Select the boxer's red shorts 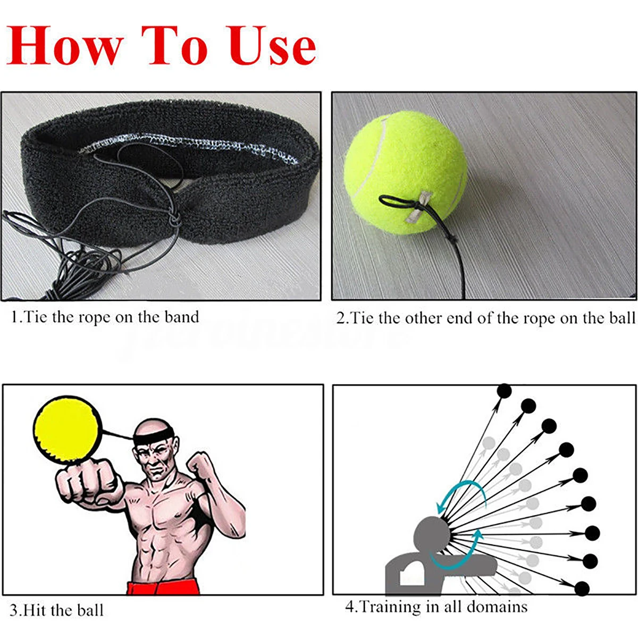163,587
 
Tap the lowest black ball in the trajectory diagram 583,589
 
